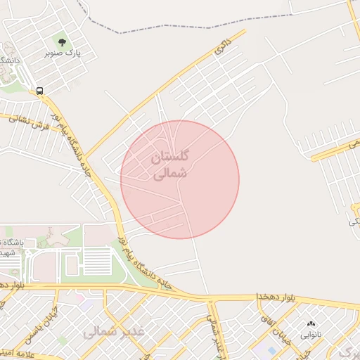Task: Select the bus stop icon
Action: click(39, 91)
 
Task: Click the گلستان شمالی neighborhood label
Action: click(171, 164)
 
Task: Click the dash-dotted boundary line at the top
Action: click(176, 29)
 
